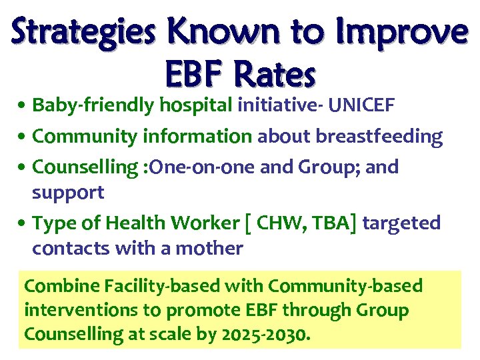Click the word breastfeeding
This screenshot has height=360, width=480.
(379, 137)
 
